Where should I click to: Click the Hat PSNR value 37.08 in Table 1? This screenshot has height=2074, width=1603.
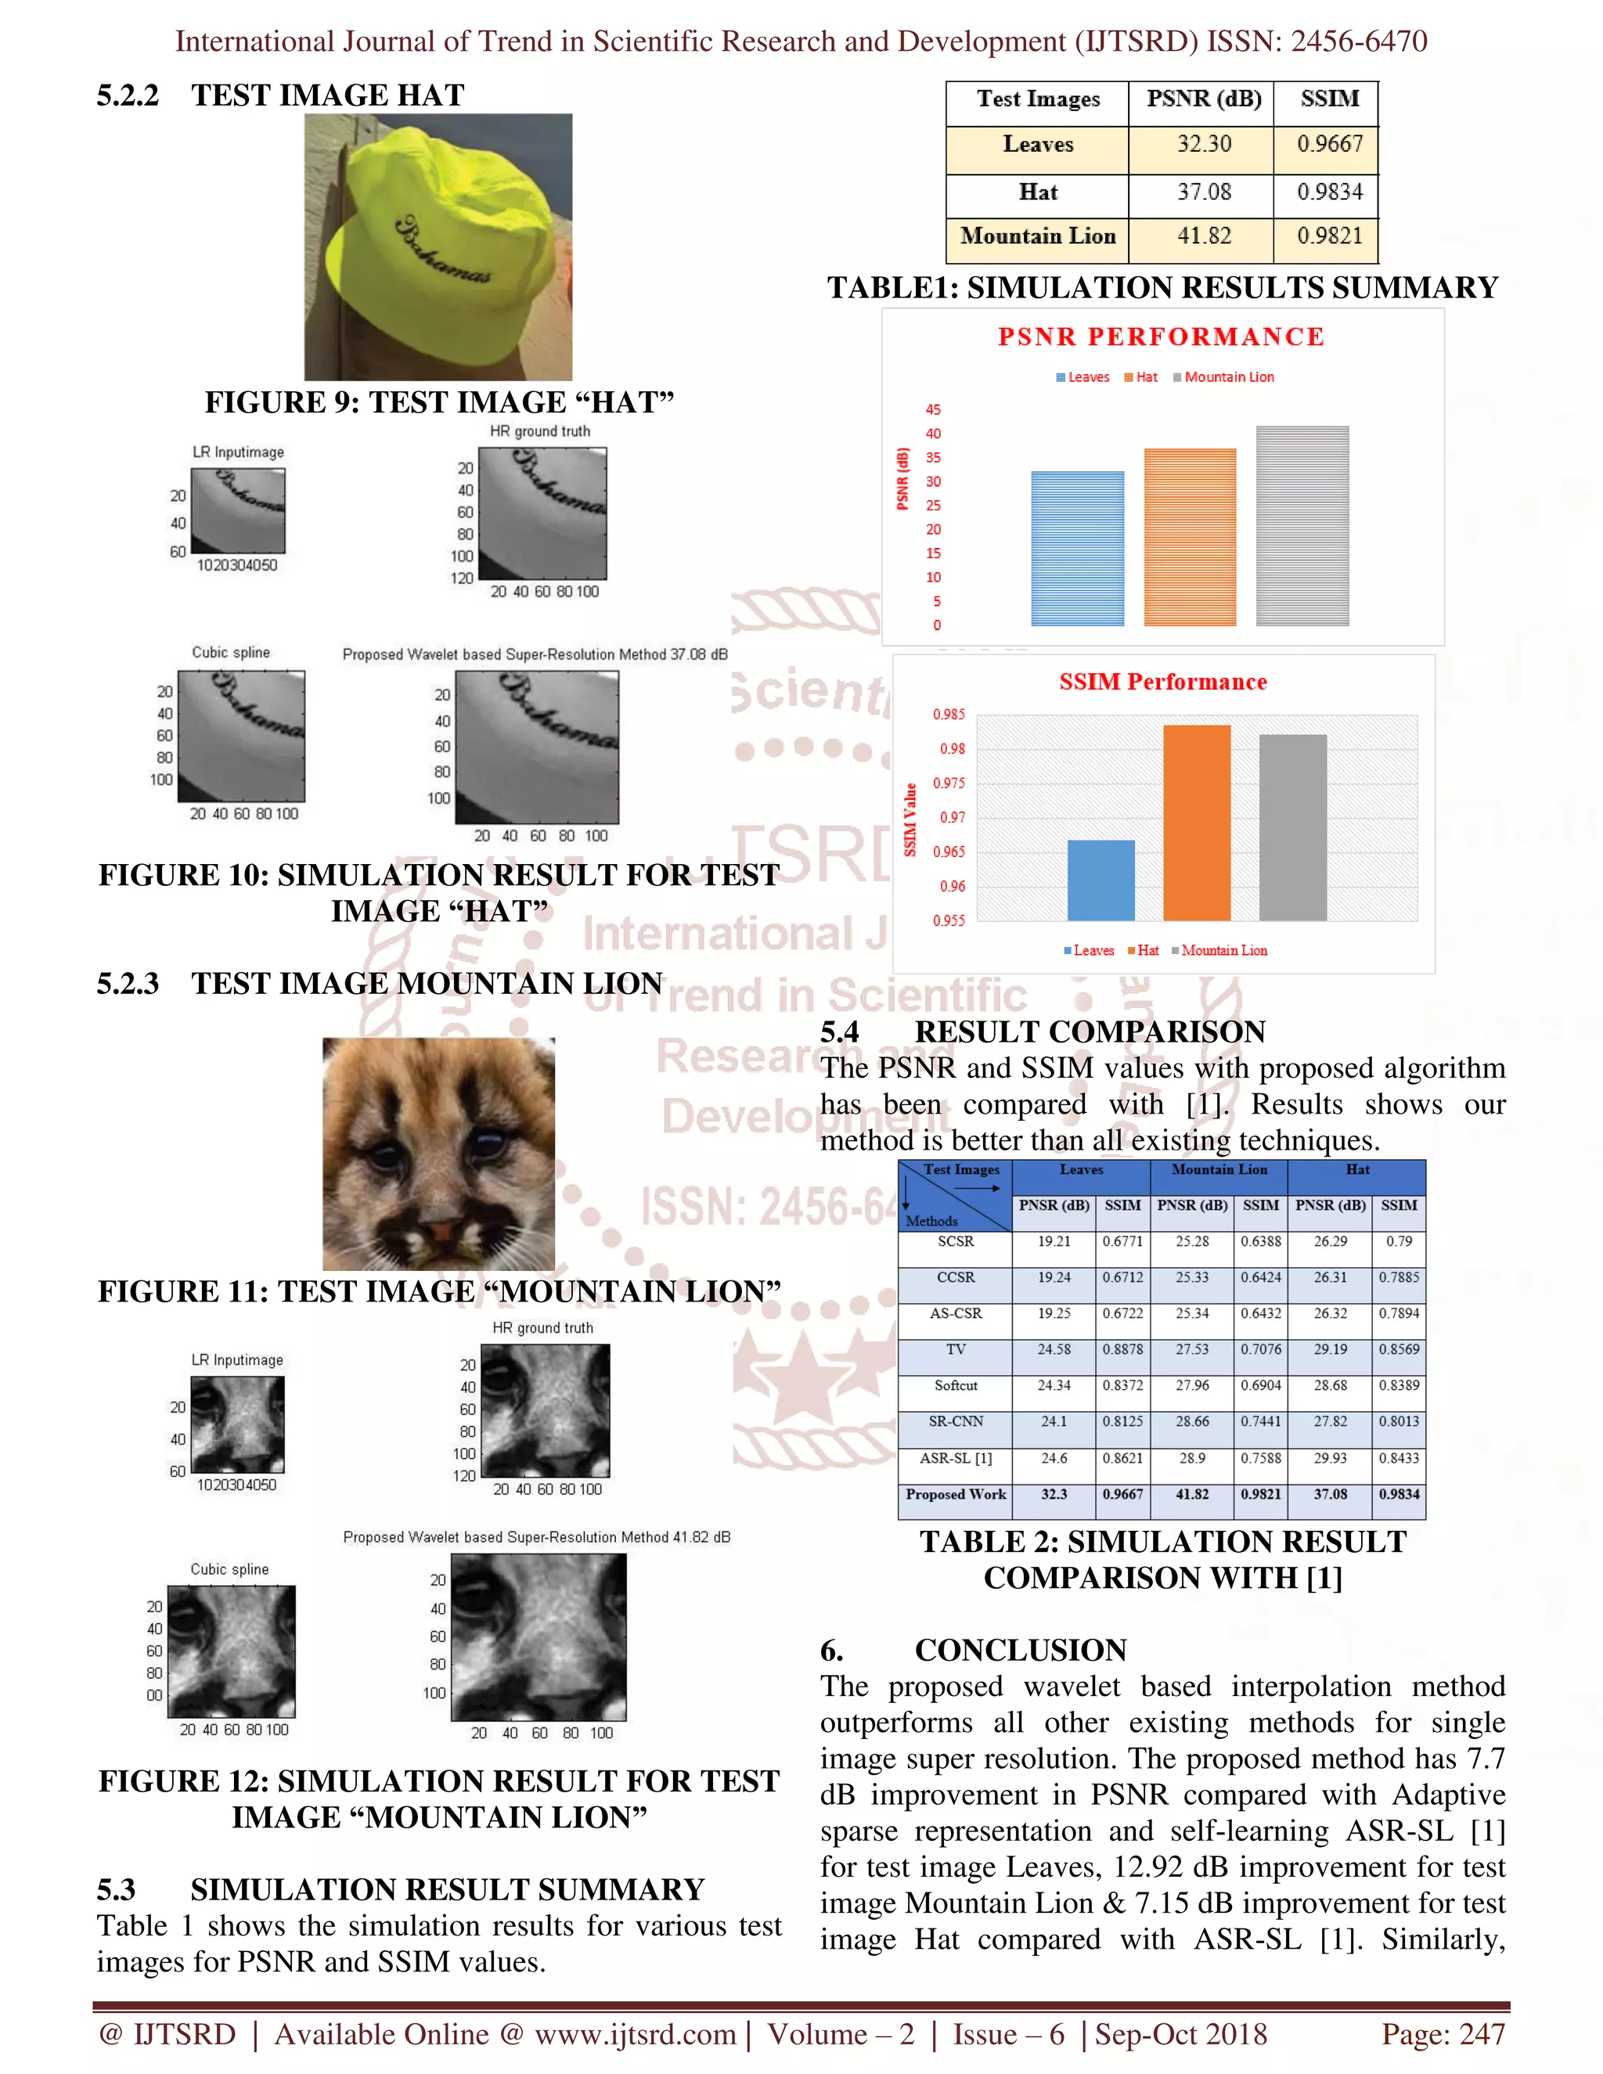pyautogui.click(x=1203, y=192)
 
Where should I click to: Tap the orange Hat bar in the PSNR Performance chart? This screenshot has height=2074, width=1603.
pyautogui.click(x=1190, y=537)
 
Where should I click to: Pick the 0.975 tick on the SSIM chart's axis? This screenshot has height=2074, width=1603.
pyautogui.click(x=948, y=783)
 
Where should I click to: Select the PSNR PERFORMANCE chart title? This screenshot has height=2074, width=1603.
pyautogui.click(x=1161, y=337)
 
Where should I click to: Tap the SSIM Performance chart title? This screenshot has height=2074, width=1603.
pyautogui.click(x=1162, y=682)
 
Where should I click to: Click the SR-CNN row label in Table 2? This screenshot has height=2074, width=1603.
pyautogui.click(x=956, y=1421)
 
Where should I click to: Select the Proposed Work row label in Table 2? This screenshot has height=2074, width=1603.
pyautogui.click(x=956, y=1494)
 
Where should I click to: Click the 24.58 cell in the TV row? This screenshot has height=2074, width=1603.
pyautogui.click(x=1054, y=1349)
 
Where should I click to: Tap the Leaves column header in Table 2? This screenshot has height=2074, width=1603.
pyautogui.click(x=1081, y=1170)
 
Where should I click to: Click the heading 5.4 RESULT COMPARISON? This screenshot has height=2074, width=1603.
pyautogui.click(x=1042, y=1032)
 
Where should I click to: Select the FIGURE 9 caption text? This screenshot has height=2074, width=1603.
pyautogui.click(x=439, y=401)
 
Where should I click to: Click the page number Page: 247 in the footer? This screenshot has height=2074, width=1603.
pyautogui.click(x=1442, y=2034)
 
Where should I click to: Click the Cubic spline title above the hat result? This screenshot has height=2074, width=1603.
pyautogui.click(x=231, y=653)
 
